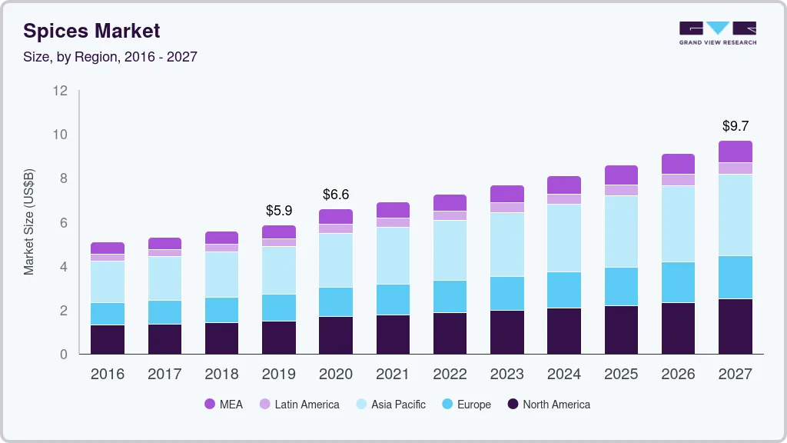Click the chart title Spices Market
tap(91, 31)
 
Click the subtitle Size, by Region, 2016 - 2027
tap(110, 57)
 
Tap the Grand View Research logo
tap(717, 33)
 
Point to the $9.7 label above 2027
tap(736, 125)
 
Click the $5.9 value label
tap(278, 210)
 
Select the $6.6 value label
tap(336, 194)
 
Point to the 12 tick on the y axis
tap(60, 91)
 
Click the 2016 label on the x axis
tap(107, 374)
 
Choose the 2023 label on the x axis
tap(507, 374)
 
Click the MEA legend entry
tap(223, 404)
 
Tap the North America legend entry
tap(548, 404)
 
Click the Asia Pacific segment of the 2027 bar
tap(736, 215)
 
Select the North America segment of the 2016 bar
tap(107, 339)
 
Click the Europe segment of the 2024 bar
tap(564, 289)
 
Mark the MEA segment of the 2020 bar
tap(336, 216)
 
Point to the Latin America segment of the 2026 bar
tap(678, 180)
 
